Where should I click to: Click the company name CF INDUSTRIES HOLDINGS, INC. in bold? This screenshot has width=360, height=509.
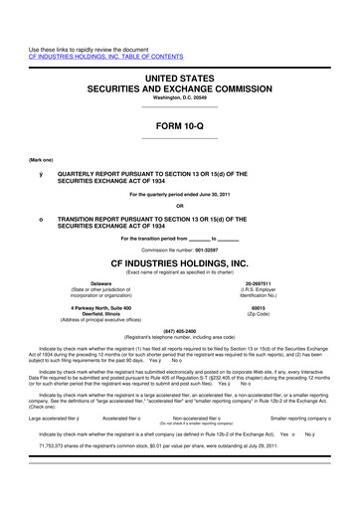pyautogui.click(x=179, y=264)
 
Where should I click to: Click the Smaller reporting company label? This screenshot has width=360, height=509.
pyautogui.click(x=302, y=419)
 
